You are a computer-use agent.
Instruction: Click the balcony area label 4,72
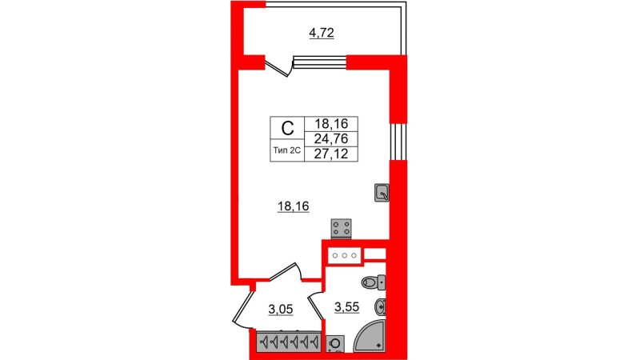322,33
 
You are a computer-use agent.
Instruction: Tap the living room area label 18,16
293,207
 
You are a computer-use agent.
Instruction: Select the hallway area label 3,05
281,310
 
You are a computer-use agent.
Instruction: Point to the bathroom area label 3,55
347,307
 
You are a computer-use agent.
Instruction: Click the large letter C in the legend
288,129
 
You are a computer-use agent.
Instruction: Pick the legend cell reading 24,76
331,138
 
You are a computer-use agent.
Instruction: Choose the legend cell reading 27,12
331,154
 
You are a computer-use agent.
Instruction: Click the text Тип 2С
287,150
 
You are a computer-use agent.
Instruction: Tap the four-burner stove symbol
342,229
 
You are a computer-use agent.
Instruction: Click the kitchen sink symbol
382,192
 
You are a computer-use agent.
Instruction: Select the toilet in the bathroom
374,282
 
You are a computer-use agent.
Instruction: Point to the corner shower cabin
369,336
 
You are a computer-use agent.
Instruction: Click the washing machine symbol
335,344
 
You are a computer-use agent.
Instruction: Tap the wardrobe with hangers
288,341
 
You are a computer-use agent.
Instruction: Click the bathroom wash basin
380,306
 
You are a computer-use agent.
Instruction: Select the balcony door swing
279,67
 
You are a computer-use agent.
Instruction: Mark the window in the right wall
398,142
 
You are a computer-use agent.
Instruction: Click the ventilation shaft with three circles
345,255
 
